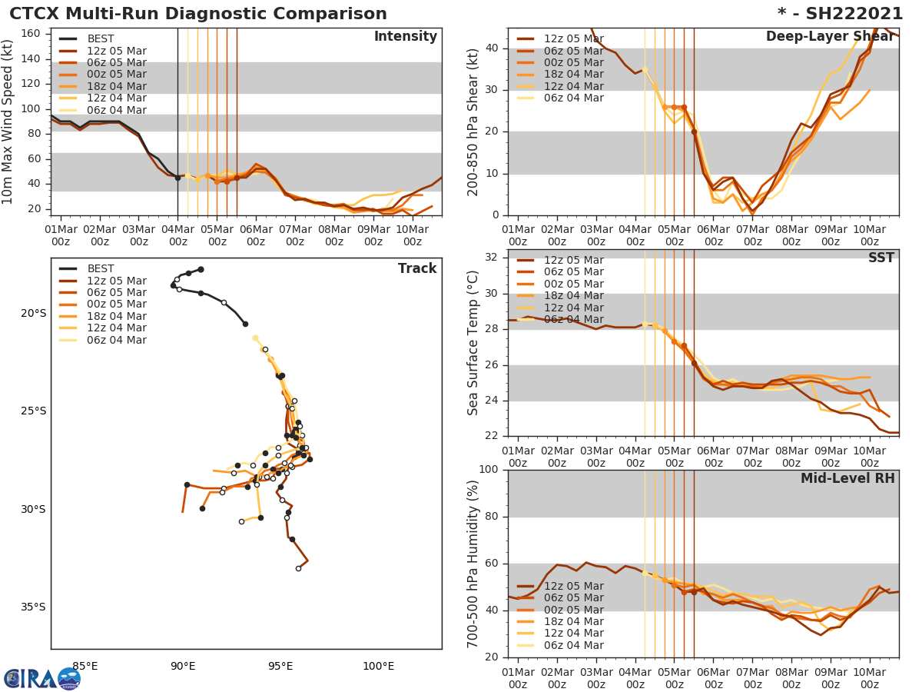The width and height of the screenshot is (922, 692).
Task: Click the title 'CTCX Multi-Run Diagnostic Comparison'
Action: pyautogui.click(x=198, y=14)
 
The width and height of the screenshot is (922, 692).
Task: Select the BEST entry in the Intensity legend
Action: pyautogui.click(x=101, y=38)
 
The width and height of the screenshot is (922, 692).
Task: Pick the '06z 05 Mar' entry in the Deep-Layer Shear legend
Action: pyautogui.click(x=573, y=51)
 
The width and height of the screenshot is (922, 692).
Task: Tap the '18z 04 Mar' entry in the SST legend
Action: pyautogui.click(x=573, y=296)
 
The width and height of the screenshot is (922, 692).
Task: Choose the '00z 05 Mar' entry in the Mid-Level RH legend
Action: pyautogui.click(x=573, y=610)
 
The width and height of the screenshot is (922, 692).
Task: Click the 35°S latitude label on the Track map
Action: pyautogui.click(x=32, y=607)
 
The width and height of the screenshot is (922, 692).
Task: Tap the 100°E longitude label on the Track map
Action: pyautogui.click(x=378, y=666)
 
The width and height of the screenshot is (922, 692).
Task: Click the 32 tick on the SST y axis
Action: pyautogui.click(x=492, y=257)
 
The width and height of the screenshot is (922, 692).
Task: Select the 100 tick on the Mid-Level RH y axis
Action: pyautogui.click(x=488, y=470)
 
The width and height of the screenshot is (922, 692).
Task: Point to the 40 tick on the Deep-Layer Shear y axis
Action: pyautogui.click(x=492, y=48)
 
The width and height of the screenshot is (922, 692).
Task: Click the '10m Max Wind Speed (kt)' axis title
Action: pyautogui.click(x=8, y=121)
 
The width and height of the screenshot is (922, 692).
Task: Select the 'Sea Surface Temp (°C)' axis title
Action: pyautogui.click(x=473, y=343)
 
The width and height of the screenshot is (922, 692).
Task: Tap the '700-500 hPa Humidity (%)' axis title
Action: pyautogui.click(x=473, y=564)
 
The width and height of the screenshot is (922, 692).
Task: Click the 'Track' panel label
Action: pyautogui.click(x=416, y=268)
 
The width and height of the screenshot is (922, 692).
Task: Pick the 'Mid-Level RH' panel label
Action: pyautogui.click(x=847, y=478)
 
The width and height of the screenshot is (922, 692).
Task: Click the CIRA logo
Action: pyautogui.click(x=41, y=678)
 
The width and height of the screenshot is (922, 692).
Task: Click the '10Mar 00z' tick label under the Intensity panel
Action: pyautogui.click(x=412, y=235)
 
